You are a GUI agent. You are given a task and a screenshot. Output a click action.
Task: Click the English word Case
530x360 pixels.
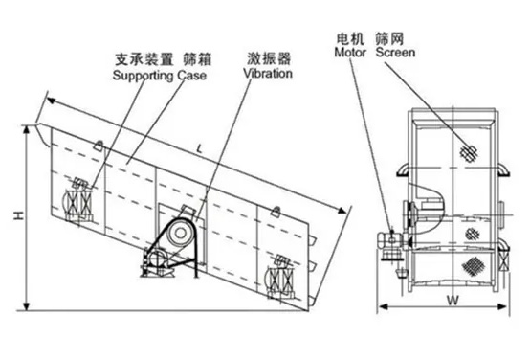(x=192, y=75)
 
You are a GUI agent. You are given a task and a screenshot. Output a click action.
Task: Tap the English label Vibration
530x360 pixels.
(x=268, y=74)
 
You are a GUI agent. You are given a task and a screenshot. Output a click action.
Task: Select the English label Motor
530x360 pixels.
(x=350, y=53)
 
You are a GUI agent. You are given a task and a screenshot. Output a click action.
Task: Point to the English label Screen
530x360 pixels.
(x=395, y=53)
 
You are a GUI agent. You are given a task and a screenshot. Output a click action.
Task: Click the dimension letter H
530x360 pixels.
(x=18, y=215)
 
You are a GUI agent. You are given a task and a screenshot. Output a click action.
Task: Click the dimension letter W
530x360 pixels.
(x=453, y=300)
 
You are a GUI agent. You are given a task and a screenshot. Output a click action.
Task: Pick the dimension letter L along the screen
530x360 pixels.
(x=200, y=148)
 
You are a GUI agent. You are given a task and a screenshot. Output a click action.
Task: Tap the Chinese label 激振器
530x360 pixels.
(x=269, y=58)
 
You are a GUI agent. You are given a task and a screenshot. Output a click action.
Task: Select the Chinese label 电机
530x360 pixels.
(x=350, y=39)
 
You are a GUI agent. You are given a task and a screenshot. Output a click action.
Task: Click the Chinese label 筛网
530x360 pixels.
(x=389, y=39)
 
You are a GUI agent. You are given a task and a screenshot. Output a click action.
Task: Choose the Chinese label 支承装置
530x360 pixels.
(x=144, y=59)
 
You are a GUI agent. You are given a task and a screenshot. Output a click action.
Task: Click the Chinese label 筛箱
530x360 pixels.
(x=197, y=59)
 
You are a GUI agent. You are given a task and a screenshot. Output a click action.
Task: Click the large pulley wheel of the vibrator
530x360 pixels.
(x=180, y=233)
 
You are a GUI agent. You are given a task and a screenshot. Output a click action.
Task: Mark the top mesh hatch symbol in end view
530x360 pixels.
(x=469, y=152)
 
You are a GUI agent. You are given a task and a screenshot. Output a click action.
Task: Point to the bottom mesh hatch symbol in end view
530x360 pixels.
(x=474, y=266)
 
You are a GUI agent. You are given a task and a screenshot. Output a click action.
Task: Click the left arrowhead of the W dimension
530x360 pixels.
(x=382, y=306)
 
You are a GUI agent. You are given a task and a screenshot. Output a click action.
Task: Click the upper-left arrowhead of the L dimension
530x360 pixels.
(x=51, y=101)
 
